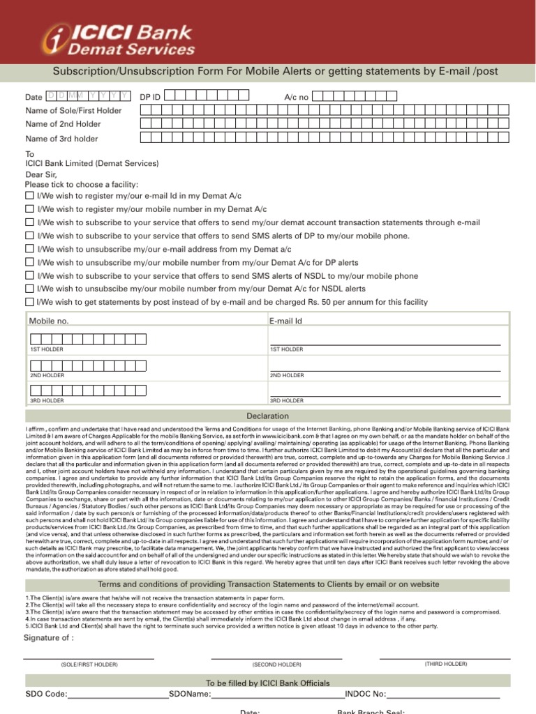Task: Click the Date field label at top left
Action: (x=33, y=98)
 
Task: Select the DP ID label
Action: (x=150, y=98)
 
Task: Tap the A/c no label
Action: (x=296, y=98)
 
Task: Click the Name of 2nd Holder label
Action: (x=63, y=124)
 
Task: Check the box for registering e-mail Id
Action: (x=29, y=196)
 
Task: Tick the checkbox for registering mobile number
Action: (x=29, y=209)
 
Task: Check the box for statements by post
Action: (x=29, y=302)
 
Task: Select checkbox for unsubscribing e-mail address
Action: (x=29, y=249)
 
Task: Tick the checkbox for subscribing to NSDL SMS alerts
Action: (x=29, y=275)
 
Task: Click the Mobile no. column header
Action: (x=49, y=321)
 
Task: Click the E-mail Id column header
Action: (x=285, y=321)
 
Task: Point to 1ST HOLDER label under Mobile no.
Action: (x=47, y=349)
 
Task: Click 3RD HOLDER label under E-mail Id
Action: (x=287, y=401)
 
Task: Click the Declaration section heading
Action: (x=268, y=416)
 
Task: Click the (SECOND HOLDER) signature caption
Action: (x=277, y=664)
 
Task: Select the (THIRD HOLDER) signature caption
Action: (x=446, y=664)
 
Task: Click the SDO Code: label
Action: (x=47, y=694)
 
